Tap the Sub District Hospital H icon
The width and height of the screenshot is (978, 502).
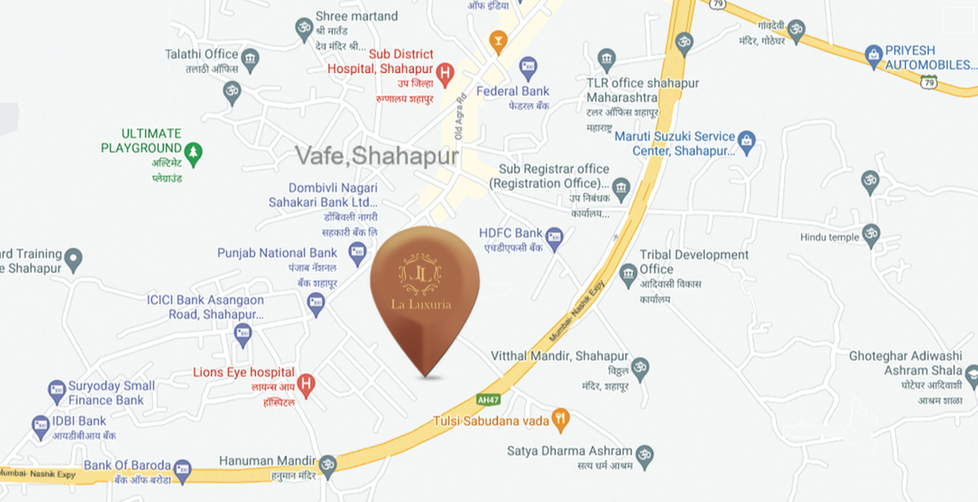coord(445,75)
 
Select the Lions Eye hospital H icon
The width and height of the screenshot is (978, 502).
coord(306,384)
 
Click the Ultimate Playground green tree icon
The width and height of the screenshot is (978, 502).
coord(193,154)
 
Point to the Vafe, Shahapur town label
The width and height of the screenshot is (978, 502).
coord(377,156)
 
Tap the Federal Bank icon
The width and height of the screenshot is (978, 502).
coord(528,66)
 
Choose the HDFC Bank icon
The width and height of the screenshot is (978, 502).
coord(555,239)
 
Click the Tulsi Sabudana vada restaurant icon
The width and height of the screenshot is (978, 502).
coord(561,420)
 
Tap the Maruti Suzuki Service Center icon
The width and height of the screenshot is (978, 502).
coord(746,142)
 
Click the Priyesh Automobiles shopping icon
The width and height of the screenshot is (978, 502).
coord(873,57)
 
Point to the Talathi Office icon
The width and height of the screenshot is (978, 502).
coord(250,60)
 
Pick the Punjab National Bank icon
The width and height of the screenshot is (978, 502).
coord(357,254)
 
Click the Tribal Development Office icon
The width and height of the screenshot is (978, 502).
coord(628,275)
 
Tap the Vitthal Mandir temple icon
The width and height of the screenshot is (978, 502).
coord(640,370)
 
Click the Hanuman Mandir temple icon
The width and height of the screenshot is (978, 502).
coord(327,467)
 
